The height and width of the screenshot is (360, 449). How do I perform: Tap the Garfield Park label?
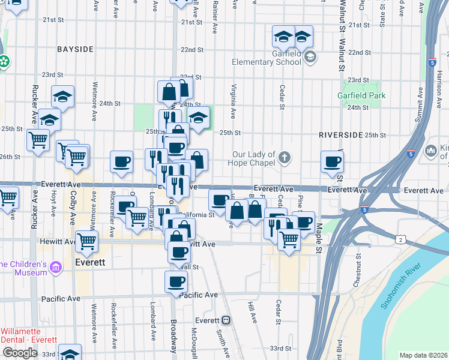click(361, 95)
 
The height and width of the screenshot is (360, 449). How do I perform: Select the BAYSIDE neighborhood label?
click(75, 48)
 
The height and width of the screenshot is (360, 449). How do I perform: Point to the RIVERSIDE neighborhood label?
click(342, 134)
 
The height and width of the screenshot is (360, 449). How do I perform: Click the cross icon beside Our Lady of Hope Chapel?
click(285, 159)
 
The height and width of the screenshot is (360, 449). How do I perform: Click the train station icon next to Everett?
click(226, 320)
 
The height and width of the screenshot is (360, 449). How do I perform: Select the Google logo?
click(20, 353)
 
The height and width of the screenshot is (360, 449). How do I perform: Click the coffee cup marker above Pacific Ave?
click(176, 281)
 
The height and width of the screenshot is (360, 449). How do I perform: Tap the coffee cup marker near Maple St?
click(332, 161)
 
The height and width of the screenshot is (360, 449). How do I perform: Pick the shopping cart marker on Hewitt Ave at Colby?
click(87, 241)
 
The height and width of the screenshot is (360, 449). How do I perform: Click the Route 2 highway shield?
click(400, 240)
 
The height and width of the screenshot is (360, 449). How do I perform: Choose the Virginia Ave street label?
click(232, 101)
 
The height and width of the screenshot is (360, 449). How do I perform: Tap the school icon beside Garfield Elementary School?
click(310, 57)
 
